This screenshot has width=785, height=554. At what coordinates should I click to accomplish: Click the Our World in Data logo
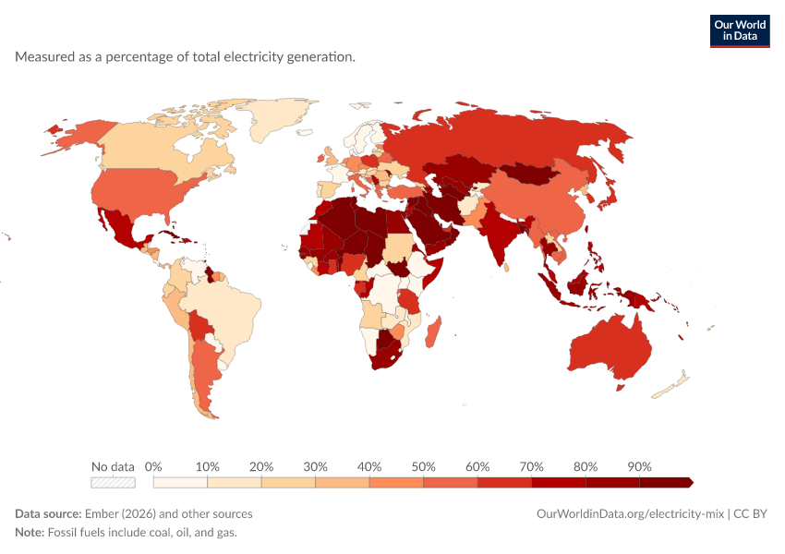tap(740, 31)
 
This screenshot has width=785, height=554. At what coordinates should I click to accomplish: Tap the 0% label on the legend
tap(153, 467)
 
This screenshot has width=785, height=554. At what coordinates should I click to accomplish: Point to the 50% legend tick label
tap(424, 467)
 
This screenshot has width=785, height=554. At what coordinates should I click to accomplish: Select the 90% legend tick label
tap(639, 467)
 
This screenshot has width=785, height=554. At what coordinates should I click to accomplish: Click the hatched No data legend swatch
tap(114, 482)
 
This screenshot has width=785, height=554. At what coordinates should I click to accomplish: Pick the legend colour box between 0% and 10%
tap(180, 482)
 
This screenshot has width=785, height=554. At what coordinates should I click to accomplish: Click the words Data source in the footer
tap(48, 514)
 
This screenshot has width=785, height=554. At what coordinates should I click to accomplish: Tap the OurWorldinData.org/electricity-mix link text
tap(630, 514)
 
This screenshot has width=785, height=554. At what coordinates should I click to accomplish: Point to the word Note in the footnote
tap(30, 532)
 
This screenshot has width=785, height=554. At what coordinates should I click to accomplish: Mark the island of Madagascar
tap(433, 331)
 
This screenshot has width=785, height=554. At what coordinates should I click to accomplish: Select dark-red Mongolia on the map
tap(530, 174)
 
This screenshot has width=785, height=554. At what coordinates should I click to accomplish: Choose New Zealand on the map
tap(670, 384)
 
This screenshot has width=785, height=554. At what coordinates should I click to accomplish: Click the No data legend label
tap(114, 467)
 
